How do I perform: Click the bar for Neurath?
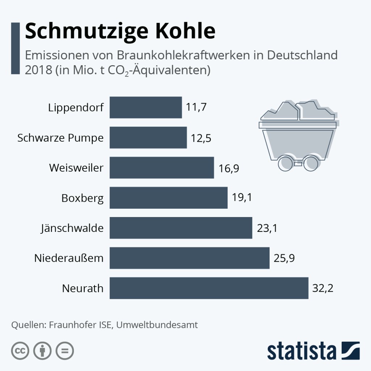pos(209,288)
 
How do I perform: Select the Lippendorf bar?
pos(146,107)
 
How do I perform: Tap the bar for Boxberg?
pos(168,198)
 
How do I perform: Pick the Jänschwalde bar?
pos(181,228)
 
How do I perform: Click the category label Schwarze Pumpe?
pos(61,138)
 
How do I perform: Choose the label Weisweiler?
pos(76,168)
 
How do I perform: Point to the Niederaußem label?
pos(69,258)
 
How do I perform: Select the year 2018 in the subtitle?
pos(38,69)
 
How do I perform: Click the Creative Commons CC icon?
pos(20,351)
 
